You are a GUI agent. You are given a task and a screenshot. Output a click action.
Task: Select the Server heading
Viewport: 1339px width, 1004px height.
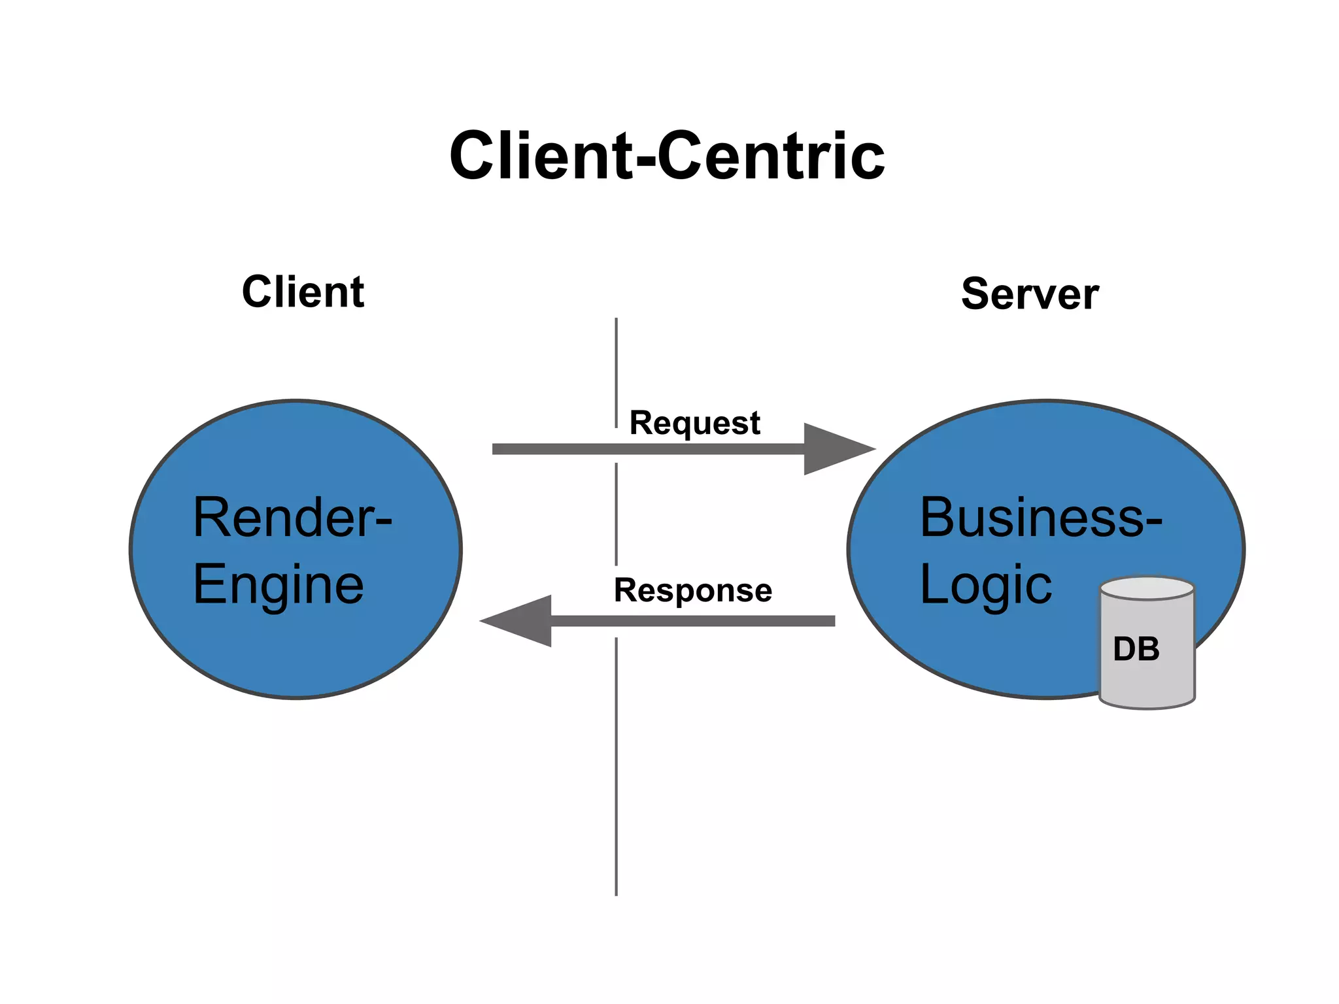point(1030,294)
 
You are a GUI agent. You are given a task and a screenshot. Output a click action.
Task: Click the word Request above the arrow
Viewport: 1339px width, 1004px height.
point(694,423)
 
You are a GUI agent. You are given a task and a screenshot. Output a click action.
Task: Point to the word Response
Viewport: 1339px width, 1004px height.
point(693,590)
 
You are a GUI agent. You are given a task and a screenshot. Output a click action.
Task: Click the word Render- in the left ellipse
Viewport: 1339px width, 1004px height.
point(292,517)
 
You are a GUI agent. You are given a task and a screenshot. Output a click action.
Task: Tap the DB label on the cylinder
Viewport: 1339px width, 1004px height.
point(1136,649)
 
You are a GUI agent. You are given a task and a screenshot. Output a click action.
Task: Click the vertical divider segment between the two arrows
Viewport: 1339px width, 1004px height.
point(616,514)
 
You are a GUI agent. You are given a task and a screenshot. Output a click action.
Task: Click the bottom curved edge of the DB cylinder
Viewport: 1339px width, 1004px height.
point(1147,705)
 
